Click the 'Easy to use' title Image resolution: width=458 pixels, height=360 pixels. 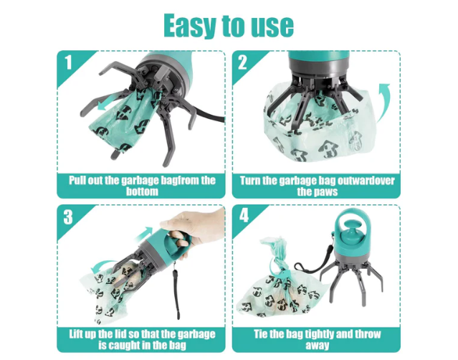pos(229,25)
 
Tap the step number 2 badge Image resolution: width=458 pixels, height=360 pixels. pos(242,63)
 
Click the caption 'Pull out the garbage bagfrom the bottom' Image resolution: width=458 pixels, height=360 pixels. pos(141,186)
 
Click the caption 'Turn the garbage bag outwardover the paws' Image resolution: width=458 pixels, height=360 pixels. pos(315,186)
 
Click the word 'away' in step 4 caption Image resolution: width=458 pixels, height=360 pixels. pos(315,346)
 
